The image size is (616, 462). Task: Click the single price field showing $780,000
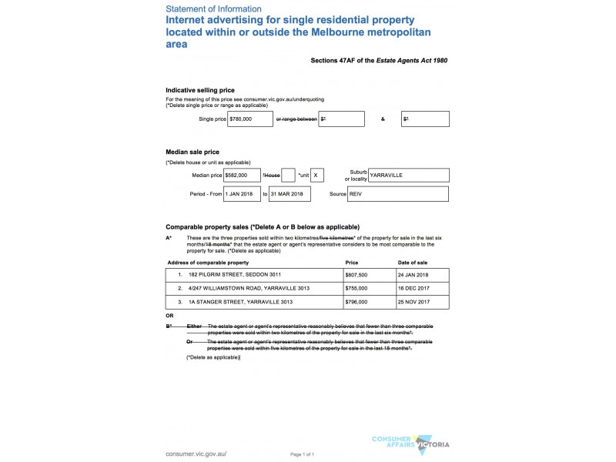pos(250,119)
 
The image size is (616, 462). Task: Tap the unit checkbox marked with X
pos(318,176)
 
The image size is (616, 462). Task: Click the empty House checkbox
pos(288,176)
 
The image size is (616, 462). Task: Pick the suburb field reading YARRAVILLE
pos(408,176)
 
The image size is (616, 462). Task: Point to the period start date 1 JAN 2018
pos(242,194)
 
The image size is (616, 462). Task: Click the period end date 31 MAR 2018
pos(289,194)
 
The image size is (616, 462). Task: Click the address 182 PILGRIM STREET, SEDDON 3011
pos(235,275)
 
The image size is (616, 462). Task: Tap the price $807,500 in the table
pos(357,275)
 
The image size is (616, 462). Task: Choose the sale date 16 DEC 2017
pos(413,288)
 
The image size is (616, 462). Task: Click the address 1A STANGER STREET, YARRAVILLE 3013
pos(240,302)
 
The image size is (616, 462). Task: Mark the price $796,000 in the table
pos(357,302)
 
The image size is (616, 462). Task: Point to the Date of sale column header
pos(413,262)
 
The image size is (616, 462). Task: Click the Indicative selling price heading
pos(200,90)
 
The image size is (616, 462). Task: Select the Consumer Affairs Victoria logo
pos(410,443)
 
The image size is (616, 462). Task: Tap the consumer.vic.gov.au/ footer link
pos(196,454)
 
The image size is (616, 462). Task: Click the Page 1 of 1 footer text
pos(303,455)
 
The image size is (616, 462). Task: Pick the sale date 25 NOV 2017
pos(413,302)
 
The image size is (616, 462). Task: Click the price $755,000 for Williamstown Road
pos(357,288)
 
